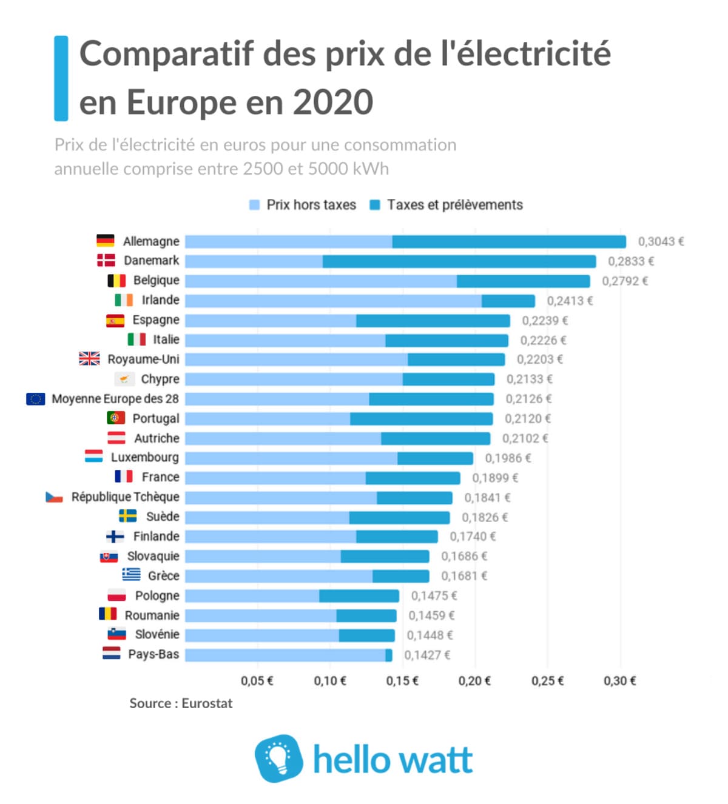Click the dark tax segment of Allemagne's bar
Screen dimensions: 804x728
coord(509,242)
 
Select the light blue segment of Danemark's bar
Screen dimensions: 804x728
coord(254,261)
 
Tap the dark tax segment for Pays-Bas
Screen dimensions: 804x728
coord(389,655)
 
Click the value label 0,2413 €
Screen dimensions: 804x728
coord(570,301)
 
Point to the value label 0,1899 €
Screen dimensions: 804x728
coord(495,478)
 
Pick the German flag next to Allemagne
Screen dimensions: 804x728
coord(106,241)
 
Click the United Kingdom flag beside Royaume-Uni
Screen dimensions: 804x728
coord(89,358)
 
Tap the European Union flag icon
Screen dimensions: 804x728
coord(36,398)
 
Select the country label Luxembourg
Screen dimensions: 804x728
coord(144,457)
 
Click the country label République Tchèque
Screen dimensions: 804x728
coord(125,497)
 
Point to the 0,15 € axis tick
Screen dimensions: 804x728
coord(402,681)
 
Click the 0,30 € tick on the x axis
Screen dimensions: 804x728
coord(619,681)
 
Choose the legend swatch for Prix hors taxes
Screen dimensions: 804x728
coord(255,205)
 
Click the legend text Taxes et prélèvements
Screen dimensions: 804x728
coord(454,205)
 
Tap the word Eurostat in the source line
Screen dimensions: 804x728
coord(207,703)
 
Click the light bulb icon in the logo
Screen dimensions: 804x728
coord(278,758)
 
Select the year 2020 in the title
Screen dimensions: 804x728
coord(333,102)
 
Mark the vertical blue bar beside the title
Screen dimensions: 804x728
coord(61,78)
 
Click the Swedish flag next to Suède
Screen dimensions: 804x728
coord(127,516)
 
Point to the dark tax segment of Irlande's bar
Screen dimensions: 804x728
coord(508,301)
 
